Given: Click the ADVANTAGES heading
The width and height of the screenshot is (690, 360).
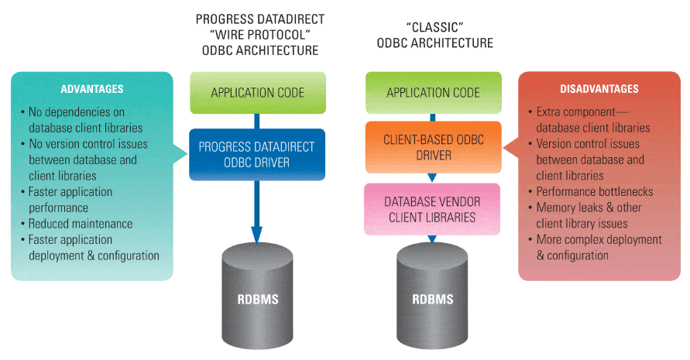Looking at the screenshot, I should pyautogui.click(x=92, y=90).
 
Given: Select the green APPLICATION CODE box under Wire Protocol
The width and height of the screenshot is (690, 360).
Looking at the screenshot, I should pyautogui.click(x=257, y=93).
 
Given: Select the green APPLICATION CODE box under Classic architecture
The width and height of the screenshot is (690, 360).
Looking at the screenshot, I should pyautogui.click(x=434, y=93).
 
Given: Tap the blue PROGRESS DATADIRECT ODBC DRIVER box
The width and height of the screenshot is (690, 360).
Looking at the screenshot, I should pyautogui.click(x=257, y=154).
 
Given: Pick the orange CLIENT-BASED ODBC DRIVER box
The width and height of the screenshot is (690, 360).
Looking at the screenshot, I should pyautogui.click(x=434, y=148).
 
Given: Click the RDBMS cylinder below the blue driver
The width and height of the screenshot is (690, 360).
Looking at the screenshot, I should pyautogui.click(x=257, y=298).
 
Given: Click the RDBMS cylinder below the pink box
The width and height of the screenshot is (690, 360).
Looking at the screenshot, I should pyautogui.click(x=432, y=298).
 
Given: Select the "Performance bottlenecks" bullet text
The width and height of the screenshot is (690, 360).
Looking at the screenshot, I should pyautogui.click(x=595, y=191).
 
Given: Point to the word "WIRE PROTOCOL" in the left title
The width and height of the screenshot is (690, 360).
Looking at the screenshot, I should pyautogui.click(x=256, y=35).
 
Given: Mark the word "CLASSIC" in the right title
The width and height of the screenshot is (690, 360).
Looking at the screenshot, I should pyautogui.click(x=434, y=27).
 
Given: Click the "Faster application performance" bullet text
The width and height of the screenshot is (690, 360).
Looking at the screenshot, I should pyautogui.click(x=70, y=200).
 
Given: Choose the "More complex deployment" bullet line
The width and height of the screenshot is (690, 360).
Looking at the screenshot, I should pyautogui.click(x=599, y=240).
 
